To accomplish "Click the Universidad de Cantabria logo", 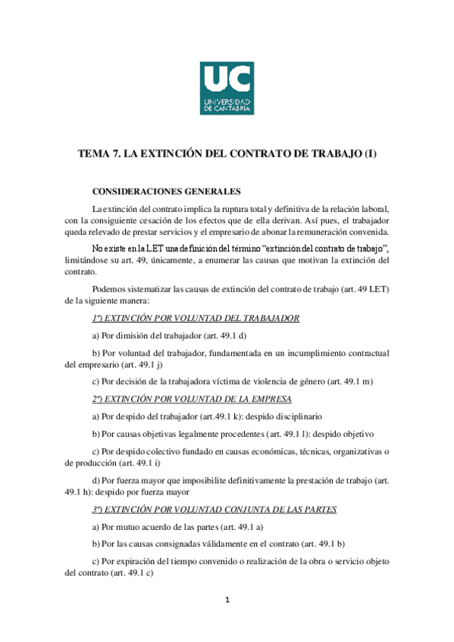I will (227, 88).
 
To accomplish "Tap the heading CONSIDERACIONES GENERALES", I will (166, 192).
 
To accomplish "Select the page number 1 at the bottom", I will (227, 601).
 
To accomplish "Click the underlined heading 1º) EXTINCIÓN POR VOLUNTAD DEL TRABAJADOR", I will (196, 318).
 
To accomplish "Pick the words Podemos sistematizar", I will (132, 288).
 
